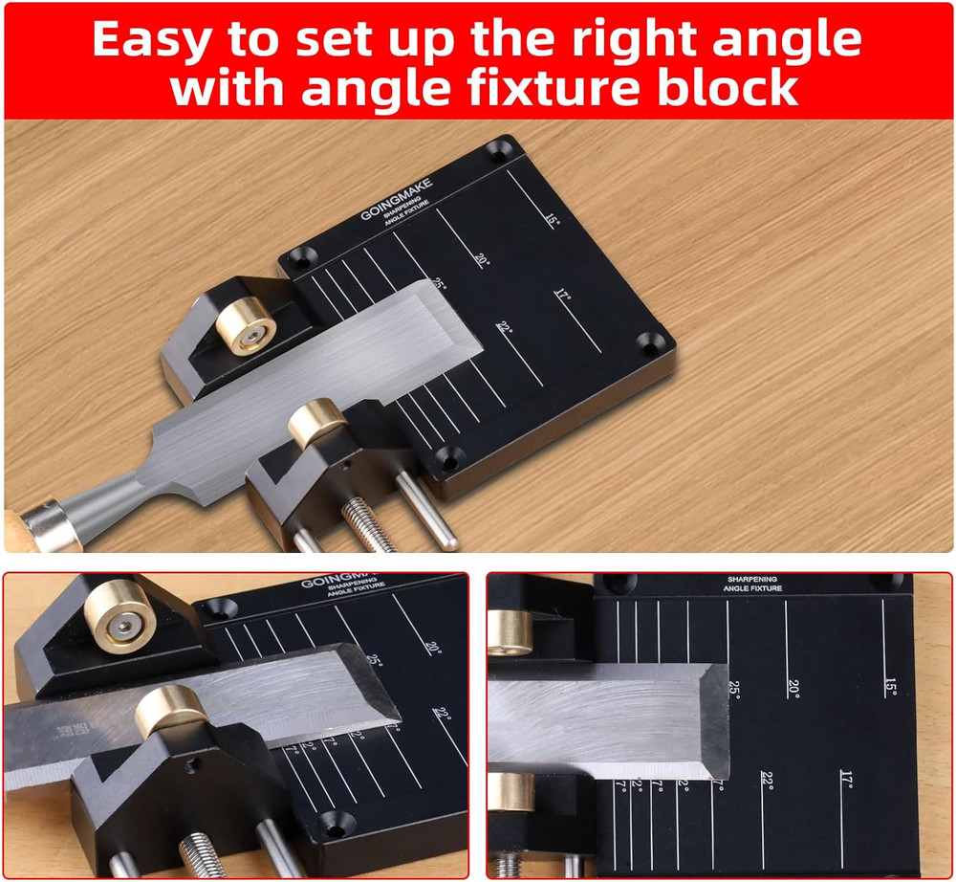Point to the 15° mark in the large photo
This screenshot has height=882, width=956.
tap(552, 221)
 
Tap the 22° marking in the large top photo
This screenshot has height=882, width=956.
tap(504, 328)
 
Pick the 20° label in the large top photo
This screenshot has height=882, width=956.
tap(481, 259)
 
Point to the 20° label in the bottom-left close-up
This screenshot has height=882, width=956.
tap(433, 648)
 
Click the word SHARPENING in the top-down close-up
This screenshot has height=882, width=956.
tap(752, 580)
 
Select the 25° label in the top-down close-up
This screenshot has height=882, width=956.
tap(734, 688)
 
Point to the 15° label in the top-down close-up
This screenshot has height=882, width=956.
tap(890, 687)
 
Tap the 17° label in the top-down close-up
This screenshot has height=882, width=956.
tap(846, 779)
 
